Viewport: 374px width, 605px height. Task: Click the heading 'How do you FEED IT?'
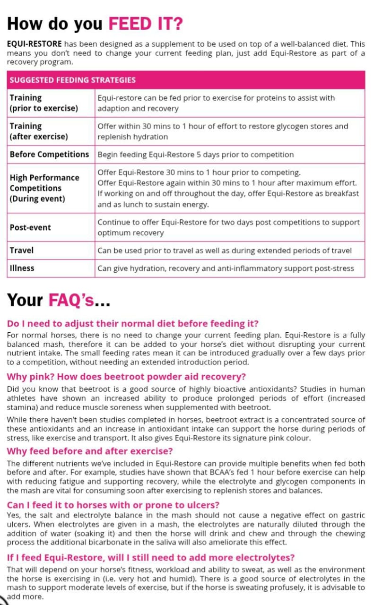95,23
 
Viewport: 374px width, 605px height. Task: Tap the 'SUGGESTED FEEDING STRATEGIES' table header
72,80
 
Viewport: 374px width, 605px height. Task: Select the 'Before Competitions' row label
49,155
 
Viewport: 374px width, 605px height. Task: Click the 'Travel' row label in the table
22,250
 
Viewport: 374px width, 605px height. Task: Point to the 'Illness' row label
22,268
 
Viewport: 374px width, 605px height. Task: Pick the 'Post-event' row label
30,227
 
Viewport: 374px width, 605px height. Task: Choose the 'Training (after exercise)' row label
39,131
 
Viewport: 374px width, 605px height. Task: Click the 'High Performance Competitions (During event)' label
44,188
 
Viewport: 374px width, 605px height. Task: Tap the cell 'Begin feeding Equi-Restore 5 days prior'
195,155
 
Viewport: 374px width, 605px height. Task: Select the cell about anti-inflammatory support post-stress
226,268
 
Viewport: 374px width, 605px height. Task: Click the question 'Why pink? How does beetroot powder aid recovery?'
126,377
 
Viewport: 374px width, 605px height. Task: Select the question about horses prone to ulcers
113,504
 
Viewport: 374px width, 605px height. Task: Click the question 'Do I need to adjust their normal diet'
132,324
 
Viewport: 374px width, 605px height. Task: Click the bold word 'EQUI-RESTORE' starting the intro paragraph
35,43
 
